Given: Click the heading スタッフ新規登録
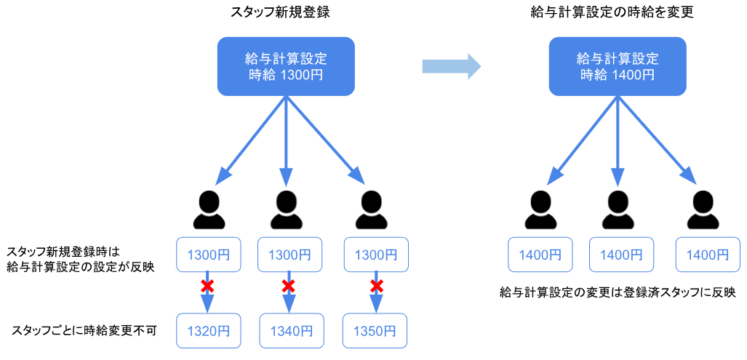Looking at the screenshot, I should click(x=287, y=12).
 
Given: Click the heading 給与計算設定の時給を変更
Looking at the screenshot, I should click(x=618, y=12).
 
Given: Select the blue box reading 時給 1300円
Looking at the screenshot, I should click(x=287, y=66).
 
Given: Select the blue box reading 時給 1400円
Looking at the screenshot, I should click(x=618, y=66).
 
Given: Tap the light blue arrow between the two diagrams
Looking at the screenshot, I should click(x=452, y=66).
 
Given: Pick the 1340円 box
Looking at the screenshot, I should click(x=290, y=330).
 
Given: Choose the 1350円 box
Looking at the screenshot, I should click(x=375, y=330).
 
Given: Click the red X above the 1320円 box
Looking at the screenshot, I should click(x=207, y=286).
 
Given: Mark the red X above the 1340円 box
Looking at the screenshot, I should click(x=289, y=286).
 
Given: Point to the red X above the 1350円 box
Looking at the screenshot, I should click(x=377, y=286).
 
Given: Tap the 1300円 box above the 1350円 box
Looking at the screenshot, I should click(x=375, y=255).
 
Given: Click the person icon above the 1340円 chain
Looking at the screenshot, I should click(x=286, y=209).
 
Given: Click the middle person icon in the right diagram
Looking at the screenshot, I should click(x=618, y=209).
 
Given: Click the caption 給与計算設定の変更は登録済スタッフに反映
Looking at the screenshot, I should click(x=618, y=292).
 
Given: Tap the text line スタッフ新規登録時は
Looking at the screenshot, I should click(x=68, y=249).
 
